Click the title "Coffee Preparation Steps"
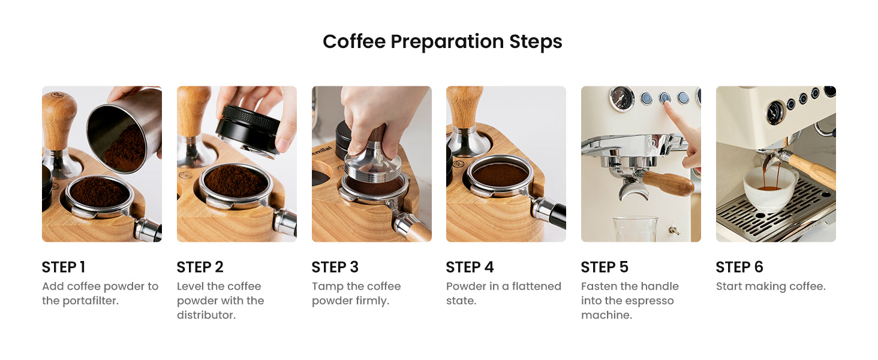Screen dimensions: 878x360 442,42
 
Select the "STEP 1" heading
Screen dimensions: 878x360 64,267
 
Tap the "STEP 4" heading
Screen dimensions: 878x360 470,267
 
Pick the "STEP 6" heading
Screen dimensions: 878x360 739,267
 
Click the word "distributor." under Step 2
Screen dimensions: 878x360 206,315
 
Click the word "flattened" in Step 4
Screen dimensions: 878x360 536,286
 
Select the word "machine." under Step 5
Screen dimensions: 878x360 606,315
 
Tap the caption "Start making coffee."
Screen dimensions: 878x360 771,287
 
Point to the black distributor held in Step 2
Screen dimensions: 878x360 247,130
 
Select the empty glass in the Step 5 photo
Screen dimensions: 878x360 635,229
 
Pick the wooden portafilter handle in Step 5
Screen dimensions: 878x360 668,182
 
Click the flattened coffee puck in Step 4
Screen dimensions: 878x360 500,175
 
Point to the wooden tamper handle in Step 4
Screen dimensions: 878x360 464,106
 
